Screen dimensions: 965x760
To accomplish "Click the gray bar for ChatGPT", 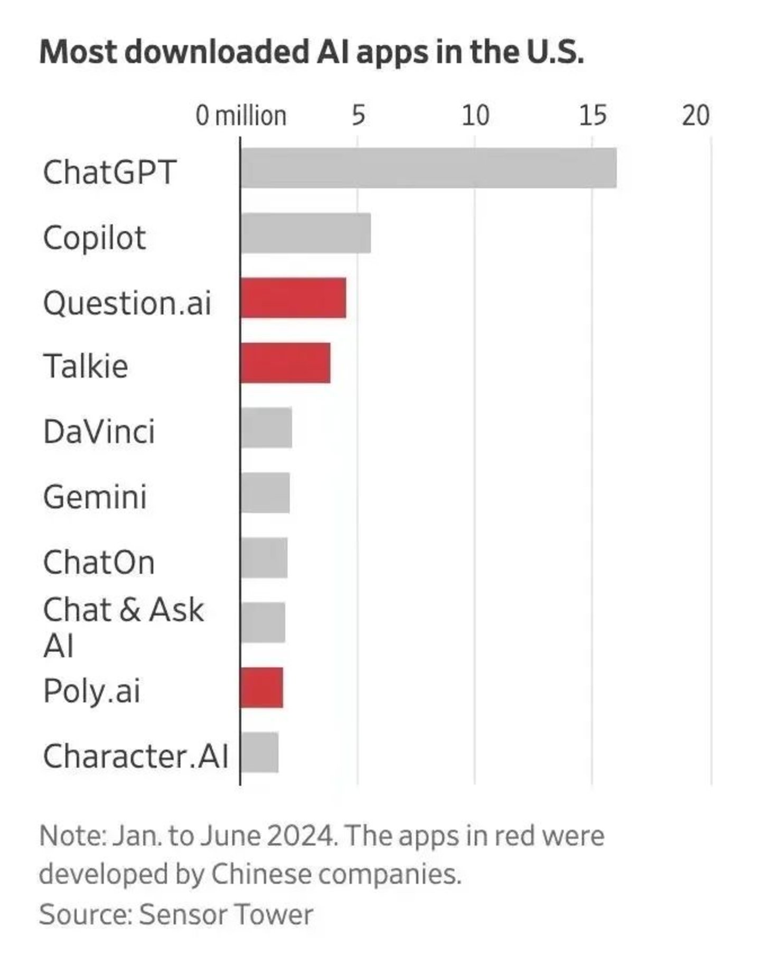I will [x=428, y=168].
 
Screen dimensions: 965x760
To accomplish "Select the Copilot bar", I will [x=306, y=233].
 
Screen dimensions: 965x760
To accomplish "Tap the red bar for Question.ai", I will [x=293, y=298].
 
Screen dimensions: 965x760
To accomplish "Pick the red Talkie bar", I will [x=286, y=363].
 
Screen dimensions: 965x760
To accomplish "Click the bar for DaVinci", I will [x=266, y=428].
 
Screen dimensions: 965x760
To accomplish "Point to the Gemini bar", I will [x=265, y=493].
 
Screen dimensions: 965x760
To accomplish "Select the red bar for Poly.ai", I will [x=262, y=688].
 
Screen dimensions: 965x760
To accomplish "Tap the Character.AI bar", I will [x=259, y=753].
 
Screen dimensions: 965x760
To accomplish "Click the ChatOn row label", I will [x=99, y=562].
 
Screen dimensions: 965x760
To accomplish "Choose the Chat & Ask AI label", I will [x=123, y=627].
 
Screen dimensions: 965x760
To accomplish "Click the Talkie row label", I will [x=86, y=366].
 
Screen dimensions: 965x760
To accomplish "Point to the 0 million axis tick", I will [x=241, y=116].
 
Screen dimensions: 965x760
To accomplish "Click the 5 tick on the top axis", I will [x=358, y=116].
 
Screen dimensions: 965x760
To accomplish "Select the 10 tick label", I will [x=475, y=116].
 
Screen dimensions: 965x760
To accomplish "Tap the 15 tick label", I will [x=593, y=116].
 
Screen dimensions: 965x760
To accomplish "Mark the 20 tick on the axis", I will [x=696, y=116].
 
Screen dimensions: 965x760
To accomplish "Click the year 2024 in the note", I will [x=301, y=836].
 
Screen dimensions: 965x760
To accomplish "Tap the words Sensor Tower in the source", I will [x=226, y=914].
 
